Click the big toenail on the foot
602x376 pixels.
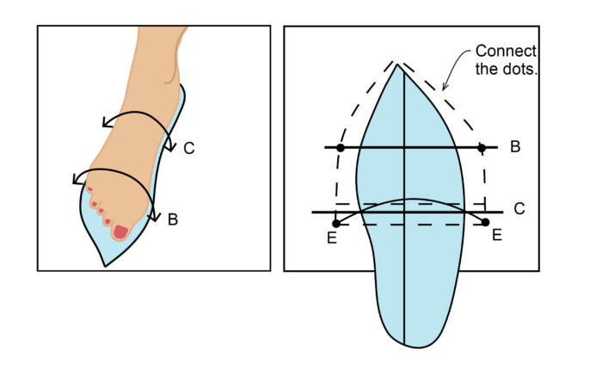point(120,231)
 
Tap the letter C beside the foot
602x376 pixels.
point(189,148)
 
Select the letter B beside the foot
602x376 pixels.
point(172,219)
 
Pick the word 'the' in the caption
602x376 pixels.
point(487,69)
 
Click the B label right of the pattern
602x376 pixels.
point(514,147)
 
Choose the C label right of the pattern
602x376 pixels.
point(519,209)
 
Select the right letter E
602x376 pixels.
point(496,235)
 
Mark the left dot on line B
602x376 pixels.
point(341,148)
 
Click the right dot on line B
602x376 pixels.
point(482,148)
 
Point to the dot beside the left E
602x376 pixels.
point(337,224)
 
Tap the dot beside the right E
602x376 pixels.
point(486,223)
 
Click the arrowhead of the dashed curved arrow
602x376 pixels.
point(443,87)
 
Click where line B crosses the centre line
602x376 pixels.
point(404,148)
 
